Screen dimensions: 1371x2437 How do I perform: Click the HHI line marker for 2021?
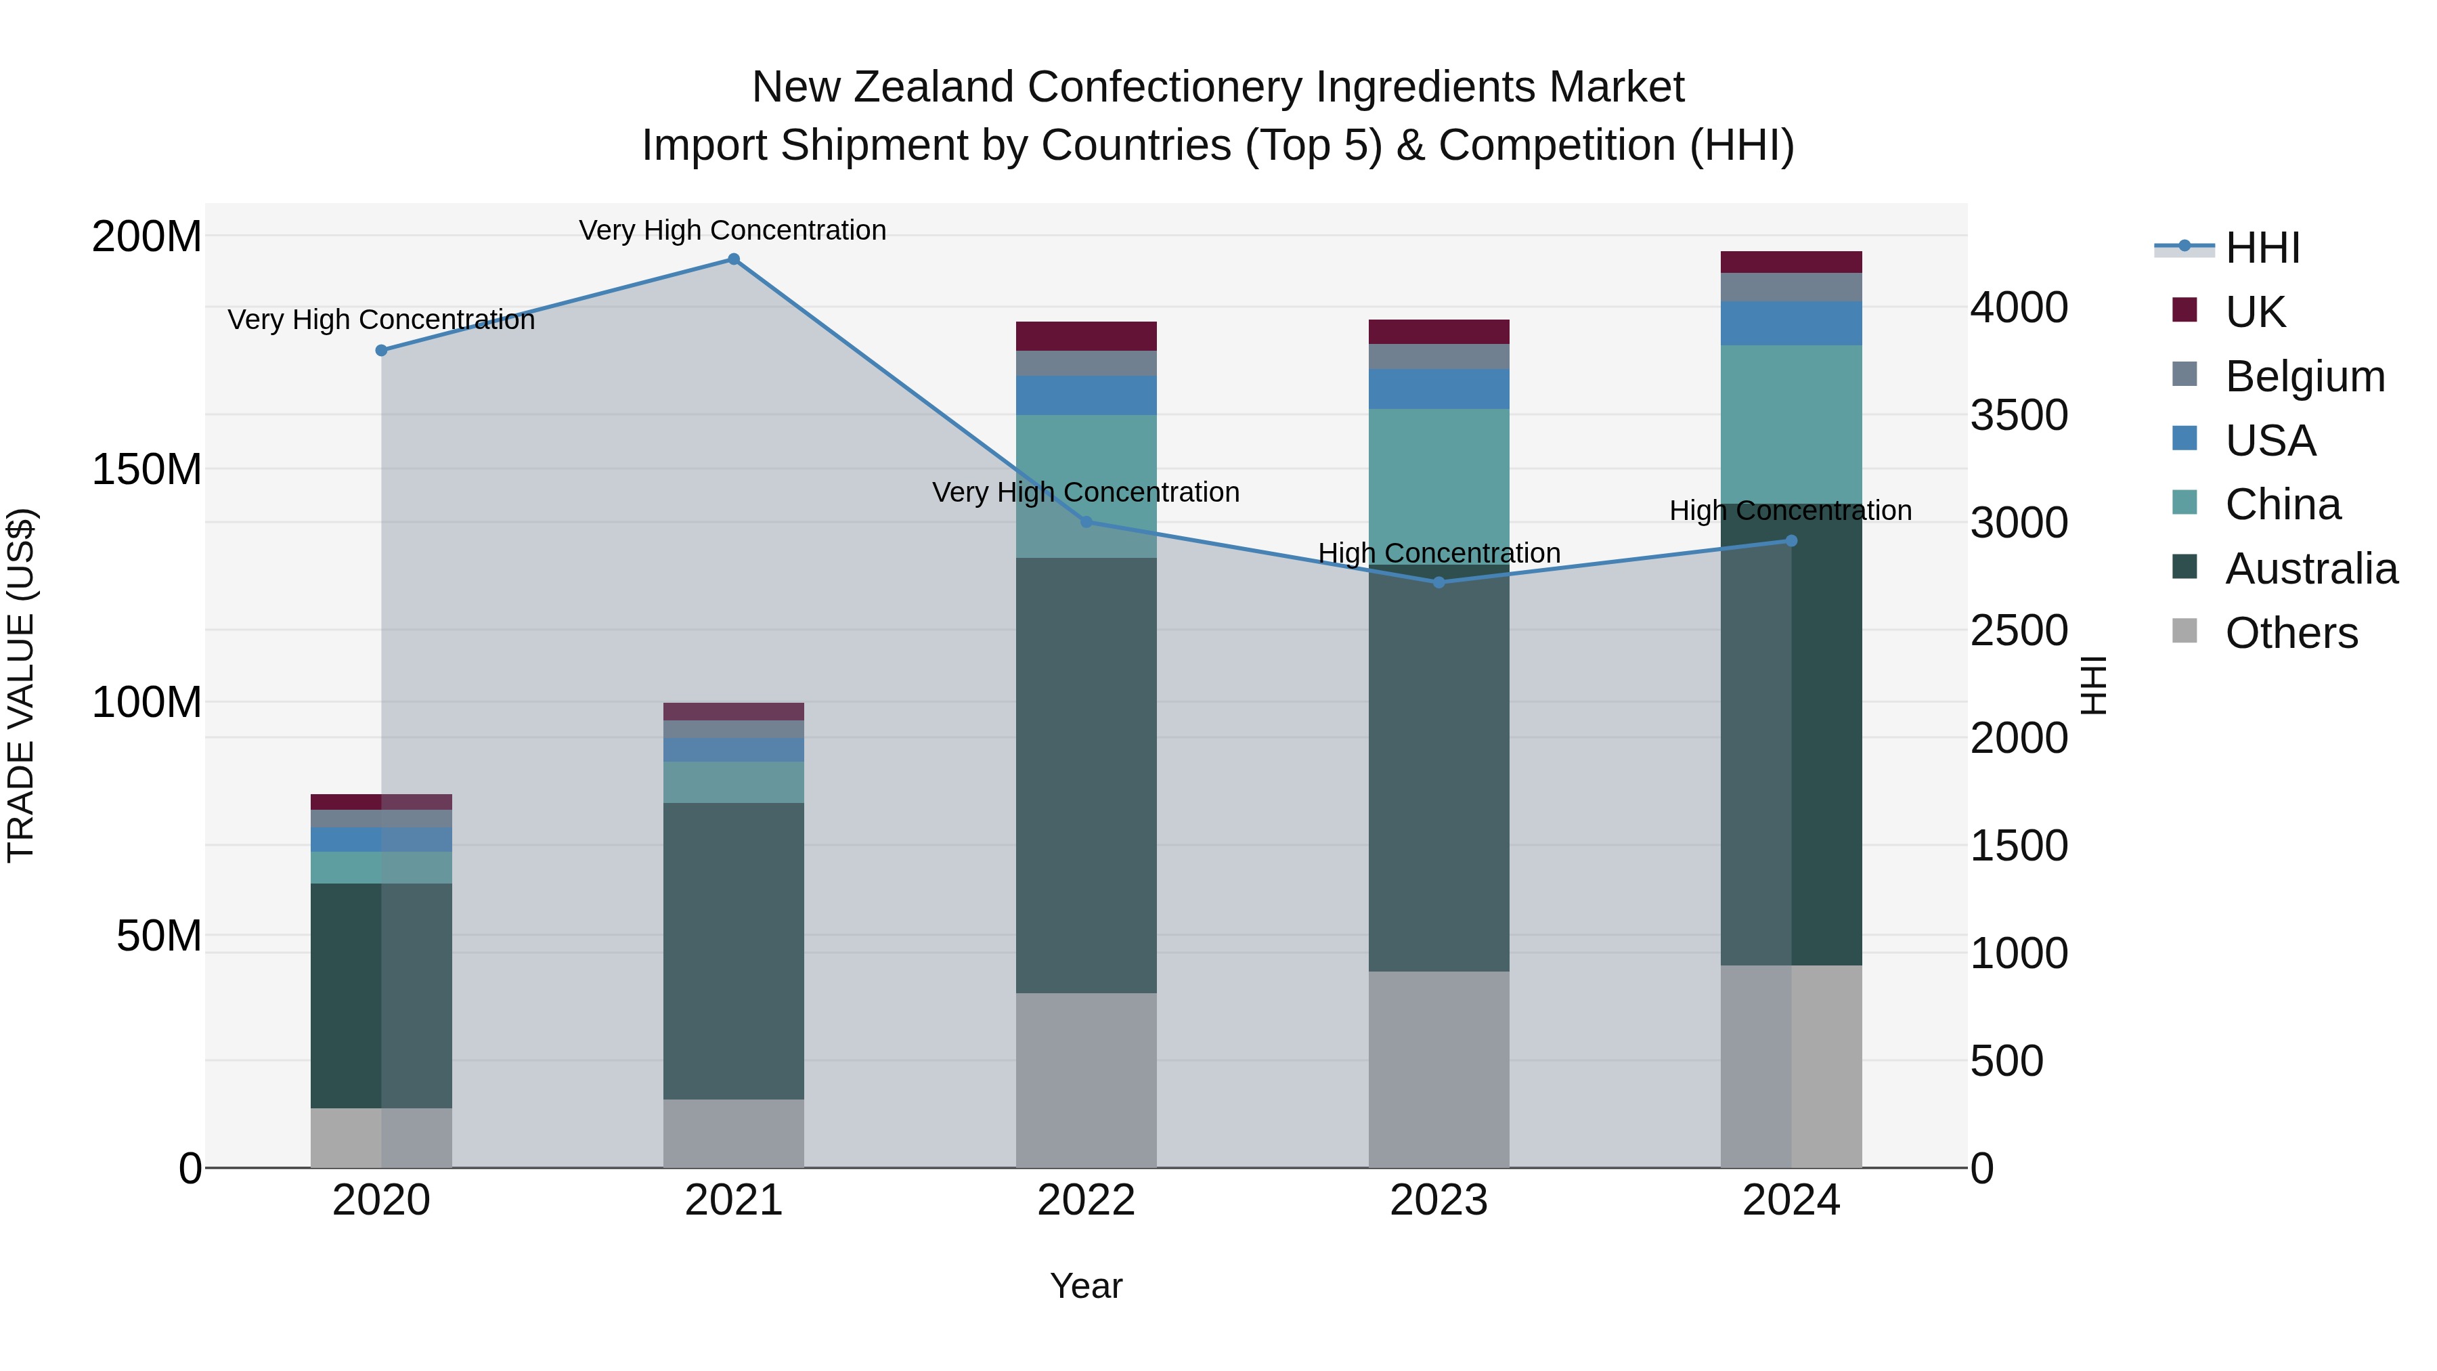pyautogui.click(x=733, y=259)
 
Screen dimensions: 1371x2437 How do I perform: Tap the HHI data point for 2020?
pyautogui.click(x=381, y=350)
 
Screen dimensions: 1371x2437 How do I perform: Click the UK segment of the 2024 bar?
pyautogui.click(x=1791, y=262)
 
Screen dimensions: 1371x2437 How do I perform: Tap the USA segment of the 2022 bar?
pyautogui.click(x=1086, y=395)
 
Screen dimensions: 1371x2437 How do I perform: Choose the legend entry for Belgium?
pyautogui.click(x=2304, y=376)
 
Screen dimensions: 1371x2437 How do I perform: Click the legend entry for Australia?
pyautogui.click(x=2310, y=569)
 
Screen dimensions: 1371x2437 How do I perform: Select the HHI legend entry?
pyautogui.click(x=2261, y=248)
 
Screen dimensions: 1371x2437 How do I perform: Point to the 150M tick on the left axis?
pyautogui.click(x=147, y=469)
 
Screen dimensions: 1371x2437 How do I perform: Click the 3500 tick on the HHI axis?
pyautogui.click(x=2019, y=416)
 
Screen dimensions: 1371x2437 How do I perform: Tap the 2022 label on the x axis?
pyautogui.click(x=1086, y=1200)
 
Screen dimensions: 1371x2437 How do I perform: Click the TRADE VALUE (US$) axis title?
pyautogui.click(x=21, y=685)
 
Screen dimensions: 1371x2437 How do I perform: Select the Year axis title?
pyautogui.click(x=1086, y=1286)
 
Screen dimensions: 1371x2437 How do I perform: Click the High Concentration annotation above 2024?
pyautogui.click(x=1790, y=511)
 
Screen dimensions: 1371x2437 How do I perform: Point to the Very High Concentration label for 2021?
pyautogui.click(x=732, y=230)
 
